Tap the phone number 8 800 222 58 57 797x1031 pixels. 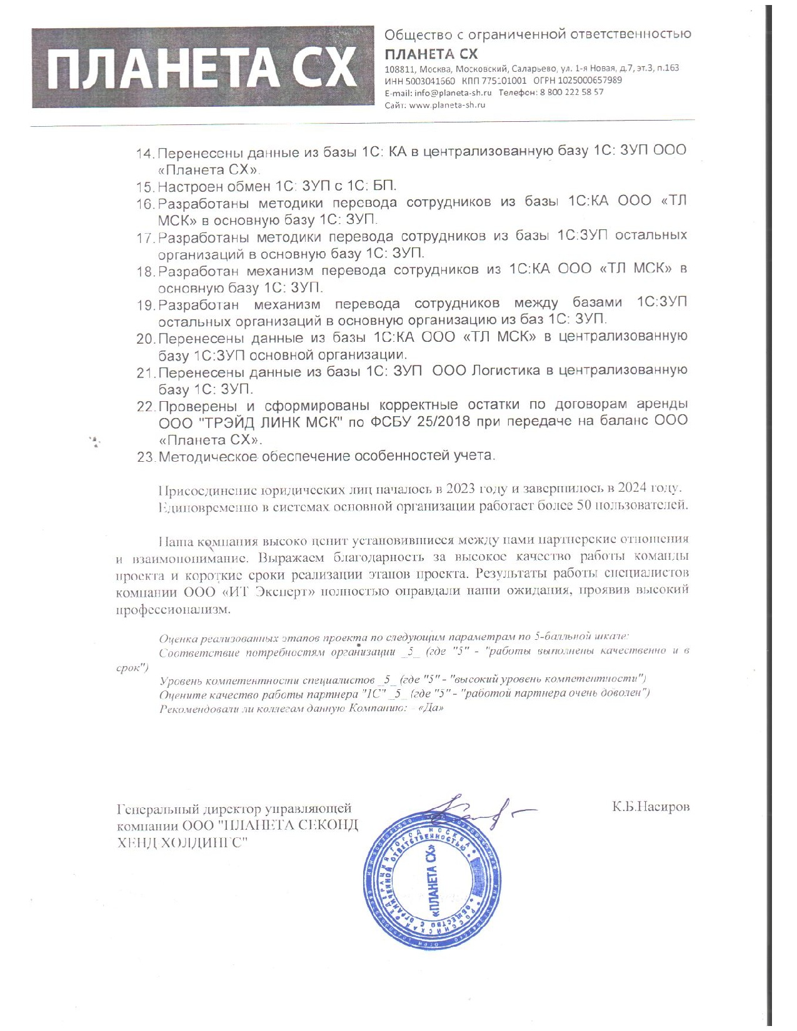(x=573, y=92)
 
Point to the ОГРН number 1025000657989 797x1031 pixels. (x=590, y=80)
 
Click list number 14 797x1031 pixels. (x=145, y=154)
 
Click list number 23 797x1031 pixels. (x=146, y=457)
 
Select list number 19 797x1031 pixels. (x=146, y=306)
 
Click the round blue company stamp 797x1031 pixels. (x=433, y=882)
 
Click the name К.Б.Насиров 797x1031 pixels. (x=651, y=807)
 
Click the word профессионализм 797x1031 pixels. (x=173, y=609)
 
